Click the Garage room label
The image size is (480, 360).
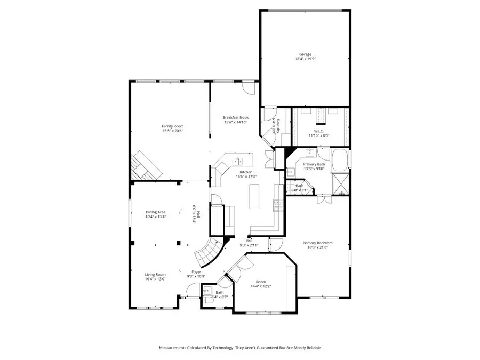point(305,54)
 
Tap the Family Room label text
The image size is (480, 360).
point(169,126)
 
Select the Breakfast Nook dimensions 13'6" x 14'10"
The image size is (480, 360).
point(236,122)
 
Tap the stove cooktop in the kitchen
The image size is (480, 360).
point(277,205)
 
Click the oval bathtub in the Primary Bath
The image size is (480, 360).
point(340,161)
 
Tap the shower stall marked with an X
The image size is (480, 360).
point(339,185)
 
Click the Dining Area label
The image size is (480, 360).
point(155,212)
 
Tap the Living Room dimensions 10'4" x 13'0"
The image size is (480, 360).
point(156,279)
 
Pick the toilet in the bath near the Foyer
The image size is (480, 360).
point(206,291)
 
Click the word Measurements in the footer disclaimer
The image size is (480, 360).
point(175,348)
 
